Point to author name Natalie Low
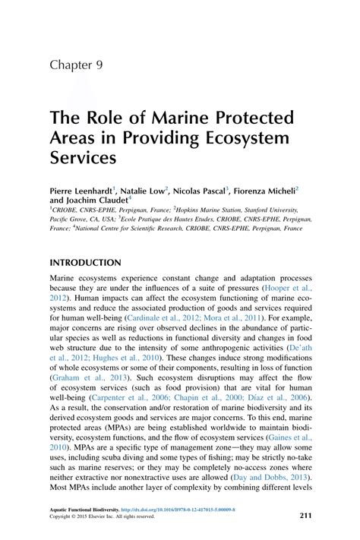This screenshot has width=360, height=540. [x=146, y=191]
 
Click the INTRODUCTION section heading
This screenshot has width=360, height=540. [x=86, y=263]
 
